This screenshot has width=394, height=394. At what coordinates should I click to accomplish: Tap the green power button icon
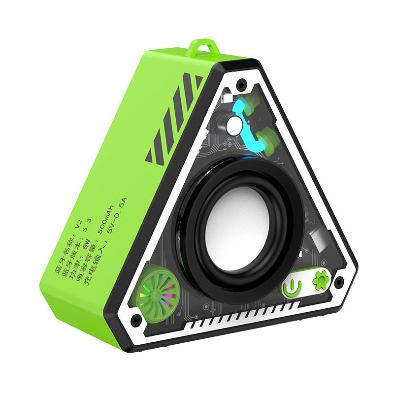292,287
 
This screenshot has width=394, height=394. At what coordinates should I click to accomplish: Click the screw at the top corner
241,84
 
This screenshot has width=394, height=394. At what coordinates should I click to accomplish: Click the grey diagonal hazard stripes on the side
175,118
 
